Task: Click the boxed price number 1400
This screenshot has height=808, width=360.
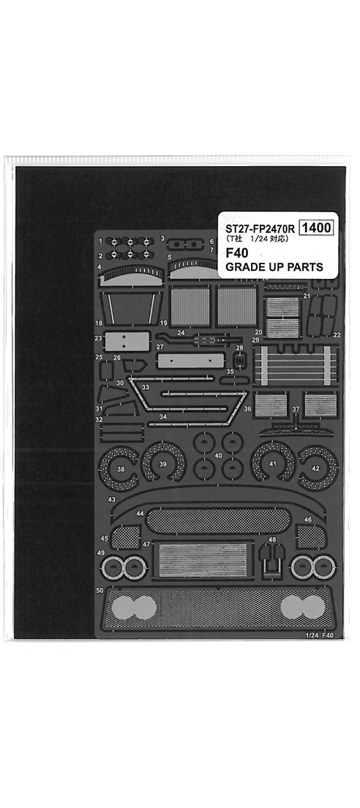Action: click(316, 228)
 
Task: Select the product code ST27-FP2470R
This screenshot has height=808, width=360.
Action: click(260, 228)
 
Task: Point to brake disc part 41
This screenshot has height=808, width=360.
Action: click(273, 464)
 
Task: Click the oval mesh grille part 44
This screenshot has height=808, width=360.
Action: click(218, 520)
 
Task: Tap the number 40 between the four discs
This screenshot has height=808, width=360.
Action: click(218, 455)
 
